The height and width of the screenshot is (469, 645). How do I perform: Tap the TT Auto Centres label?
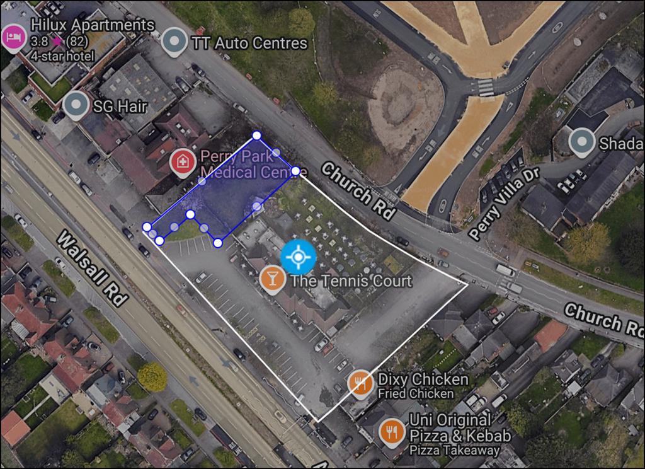pyautogui.click(x=248, y=43)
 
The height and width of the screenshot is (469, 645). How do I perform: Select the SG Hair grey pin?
pyautogui.click(x=76, y=105)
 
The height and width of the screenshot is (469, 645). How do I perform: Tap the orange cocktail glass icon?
pyautogui.click(x=271, y=279)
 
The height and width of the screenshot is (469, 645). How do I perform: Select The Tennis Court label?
pyautogui.click(x=350, y=281)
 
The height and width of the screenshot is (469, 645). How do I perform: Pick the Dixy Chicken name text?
pyautogui.click(x=423, y=379)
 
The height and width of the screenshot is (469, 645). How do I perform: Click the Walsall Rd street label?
pyautogui.click(x=92, y=269)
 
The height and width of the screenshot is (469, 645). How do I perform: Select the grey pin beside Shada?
pyautogui.click(x=581, y=143)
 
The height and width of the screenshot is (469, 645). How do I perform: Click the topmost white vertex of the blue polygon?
pyautogui.click(x=256, y=135)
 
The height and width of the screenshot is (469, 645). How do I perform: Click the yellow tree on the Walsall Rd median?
pyautogui.click(x=152, y=376)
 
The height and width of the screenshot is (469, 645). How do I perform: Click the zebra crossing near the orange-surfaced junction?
pyautogui.click(x=486, y=88)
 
